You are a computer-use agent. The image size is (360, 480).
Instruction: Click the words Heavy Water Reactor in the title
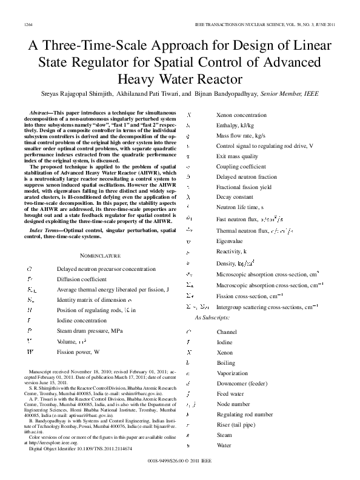[179, 79]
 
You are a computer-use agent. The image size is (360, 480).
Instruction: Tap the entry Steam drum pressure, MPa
[89, 330]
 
